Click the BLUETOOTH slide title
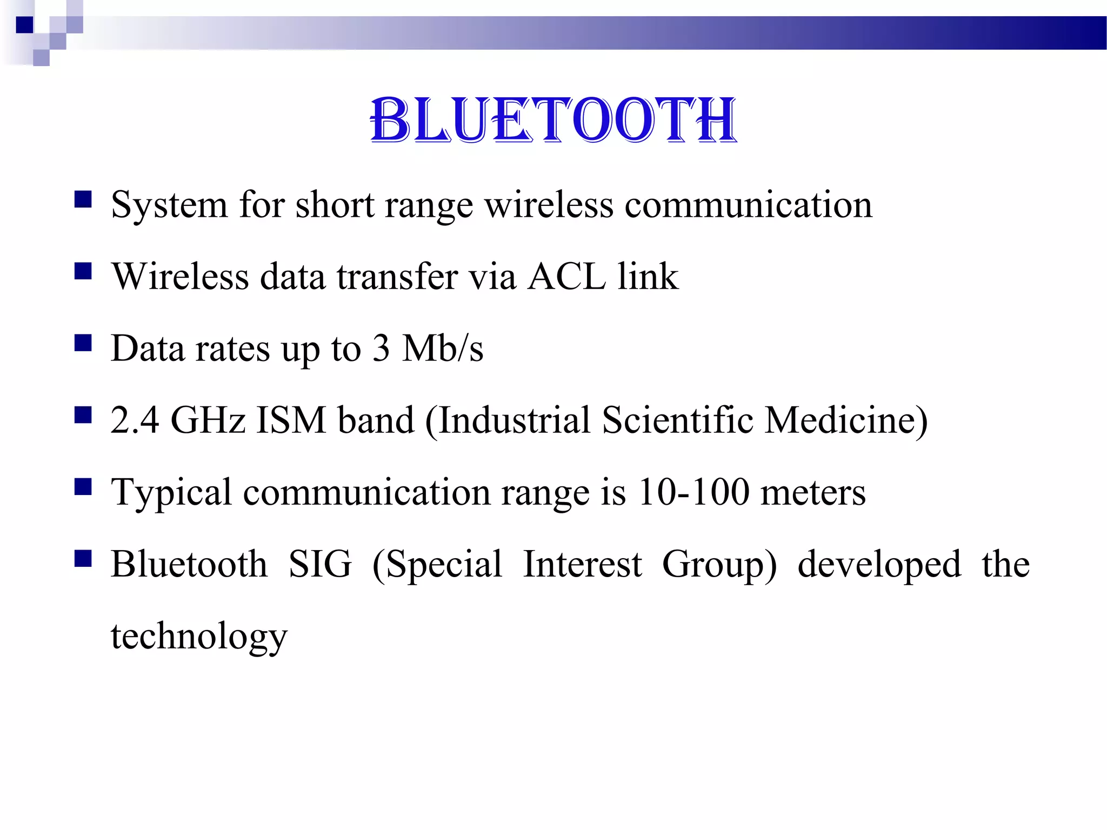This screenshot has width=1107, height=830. coord(553,120)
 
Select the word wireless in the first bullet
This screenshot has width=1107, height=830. coord(549,205)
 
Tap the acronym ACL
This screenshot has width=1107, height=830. coord(566,277)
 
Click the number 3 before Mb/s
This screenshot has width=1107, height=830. coord(381,349)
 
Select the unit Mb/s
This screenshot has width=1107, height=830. coord(443,349)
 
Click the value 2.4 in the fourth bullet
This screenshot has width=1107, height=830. coord(135,420)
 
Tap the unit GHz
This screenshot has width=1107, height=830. coord(208,420)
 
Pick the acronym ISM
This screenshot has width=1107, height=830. coord(291,420)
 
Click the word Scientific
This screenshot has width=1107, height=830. coord(677,420)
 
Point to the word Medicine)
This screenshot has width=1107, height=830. coord(846,420)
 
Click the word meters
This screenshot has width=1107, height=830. coord(813,492)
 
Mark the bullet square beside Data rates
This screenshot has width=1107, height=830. coord(83,343)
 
